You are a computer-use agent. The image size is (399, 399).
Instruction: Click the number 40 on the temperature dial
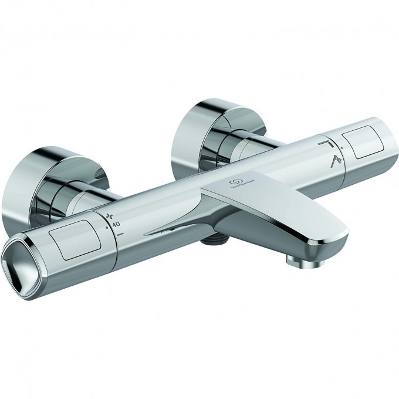click(x=116, y=224)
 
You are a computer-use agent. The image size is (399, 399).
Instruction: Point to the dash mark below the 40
click(x=120, y=234)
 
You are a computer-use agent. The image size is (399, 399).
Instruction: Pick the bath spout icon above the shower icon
click(x=325, y=142)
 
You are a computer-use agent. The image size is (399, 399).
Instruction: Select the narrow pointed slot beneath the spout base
click(x=167, y=231)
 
